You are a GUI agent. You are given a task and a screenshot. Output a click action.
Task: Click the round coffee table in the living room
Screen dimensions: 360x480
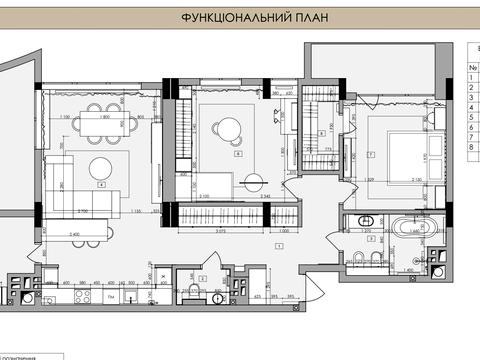(101, 166)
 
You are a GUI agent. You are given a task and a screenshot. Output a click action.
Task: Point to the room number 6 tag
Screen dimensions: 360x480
(238, 154)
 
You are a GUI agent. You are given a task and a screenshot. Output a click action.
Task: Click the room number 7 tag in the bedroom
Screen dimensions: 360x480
(371, 154)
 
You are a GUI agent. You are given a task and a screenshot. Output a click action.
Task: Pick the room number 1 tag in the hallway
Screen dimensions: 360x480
(277, 244)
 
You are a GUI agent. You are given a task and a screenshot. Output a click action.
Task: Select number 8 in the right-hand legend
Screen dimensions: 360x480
(469, 147)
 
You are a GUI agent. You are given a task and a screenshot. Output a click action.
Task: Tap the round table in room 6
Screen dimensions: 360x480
(228, 127)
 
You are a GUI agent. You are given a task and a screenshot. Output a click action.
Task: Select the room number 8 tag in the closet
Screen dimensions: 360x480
(322, 133)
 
